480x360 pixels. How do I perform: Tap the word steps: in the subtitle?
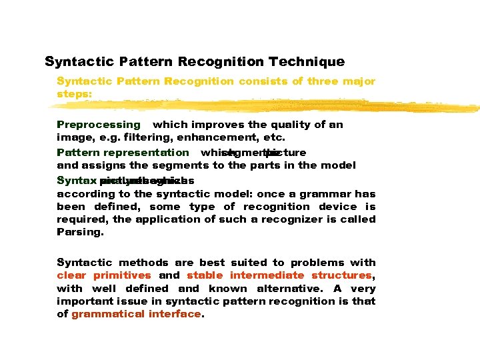pyautogui.click(x=75, y=94)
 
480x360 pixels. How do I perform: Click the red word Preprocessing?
pyautogui.click(x=99, y=125)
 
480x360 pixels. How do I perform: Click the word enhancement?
pyautogui.click(x=216, y=137)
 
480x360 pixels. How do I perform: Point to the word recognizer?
pyautogui.click(x=289, y=219)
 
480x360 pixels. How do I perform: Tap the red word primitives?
pyautogui.click(x=122, y=275)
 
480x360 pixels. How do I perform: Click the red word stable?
pyautogui.click(x=205, y=275)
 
